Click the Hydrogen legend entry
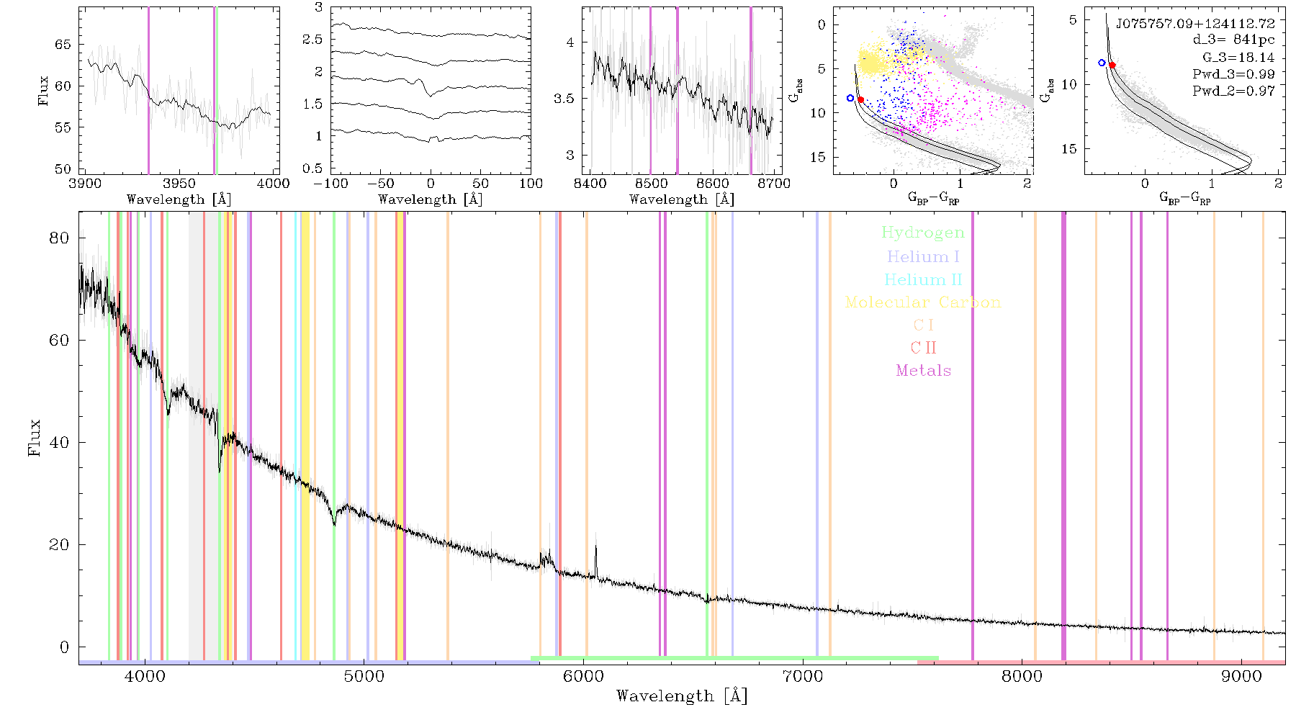922,233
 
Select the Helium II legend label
923,279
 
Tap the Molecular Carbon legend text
923,302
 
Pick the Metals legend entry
924,371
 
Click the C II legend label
924,348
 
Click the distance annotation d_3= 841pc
1233,40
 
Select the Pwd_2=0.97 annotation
1233,91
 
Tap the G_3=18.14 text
1238,58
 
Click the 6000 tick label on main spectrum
583,676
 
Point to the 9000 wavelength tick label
1241,676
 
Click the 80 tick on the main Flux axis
59,238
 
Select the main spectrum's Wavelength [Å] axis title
682,696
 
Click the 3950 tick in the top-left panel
179,184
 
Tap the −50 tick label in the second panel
381,184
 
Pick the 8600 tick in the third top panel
713,184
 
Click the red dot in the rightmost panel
1112,66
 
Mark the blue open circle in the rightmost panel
1102,63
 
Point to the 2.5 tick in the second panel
312,40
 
